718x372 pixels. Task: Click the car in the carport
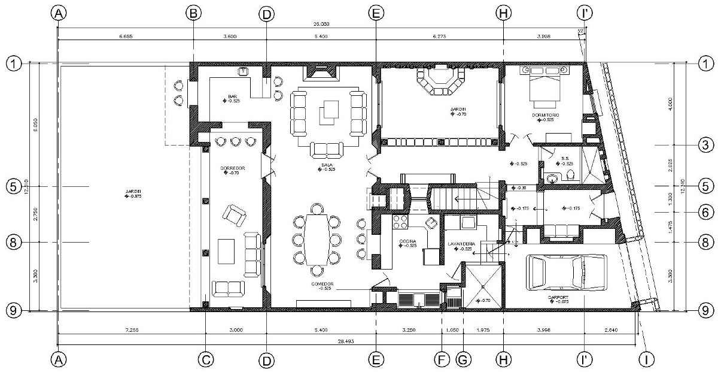pos(565,273)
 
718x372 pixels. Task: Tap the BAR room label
pos(233,96)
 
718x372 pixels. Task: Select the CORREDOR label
pos(230,168)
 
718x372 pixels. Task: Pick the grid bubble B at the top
pos(193,13)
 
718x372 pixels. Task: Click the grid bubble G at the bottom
pos(463,359)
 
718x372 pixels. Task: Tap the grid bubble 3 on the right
pos(706,145)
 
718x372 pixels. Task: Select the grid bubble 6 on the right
pos(706,212)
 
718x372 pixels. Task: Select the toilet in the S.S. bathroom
pos(571,175)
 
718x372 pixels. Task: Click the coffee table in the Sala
pos(328,111)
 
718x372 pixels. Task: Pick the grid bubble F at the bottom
pos(442,359)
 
